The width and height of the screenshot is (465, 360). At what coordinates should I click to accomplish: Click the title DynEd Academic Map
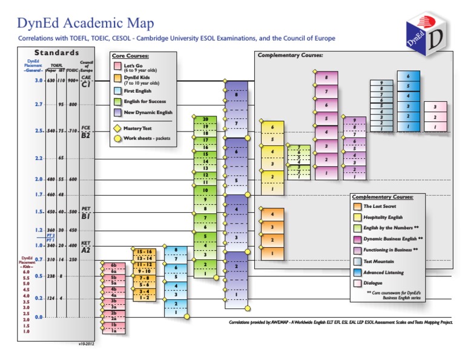click(x=85, y=23)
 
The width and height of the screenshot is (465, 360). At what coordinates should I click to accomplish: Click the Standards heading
click(x=57, y=53)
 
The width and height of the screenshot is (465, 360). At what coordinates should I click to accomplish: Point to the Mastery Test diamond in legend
click(x=117, y=128)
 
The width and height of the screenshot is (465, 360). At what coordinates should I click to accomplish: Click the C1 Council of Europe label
click(x=86, y=84)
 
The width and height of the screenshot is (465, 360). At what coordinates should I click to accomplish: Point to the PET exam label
click(x=86, y=208)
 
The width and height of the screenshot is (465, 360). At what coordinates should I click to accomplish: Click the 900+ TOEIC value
click(x=73, y=81)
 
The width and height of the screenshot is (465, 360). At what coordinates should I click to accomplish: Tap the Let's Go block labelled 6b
click(x=113, y=265)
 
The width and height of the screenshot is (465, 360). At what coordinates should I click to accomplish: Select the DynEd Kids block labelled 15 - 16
click(x=145, y=251)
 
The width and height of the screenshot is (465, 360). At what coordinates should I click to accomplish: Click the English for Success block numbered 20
click(x=205, y=119)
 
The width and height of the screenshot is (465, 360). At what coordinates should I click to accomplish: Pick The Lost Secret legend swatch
click(x=358, y=207)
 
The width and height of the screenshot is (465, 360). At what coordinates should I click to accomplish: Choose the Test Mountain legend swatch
click(x=358, y=261)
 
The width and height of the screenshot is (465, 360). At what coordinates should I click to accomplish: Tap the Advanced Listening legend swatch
click(x=358, y=272)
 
